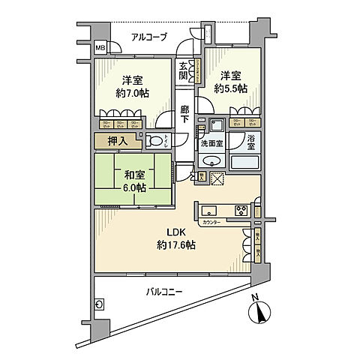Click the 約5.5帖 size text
[232, 87]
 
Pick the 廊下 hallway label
[184, 114]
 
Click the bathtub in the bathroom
[244, 161]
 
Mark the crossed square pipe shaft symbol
[219, 178]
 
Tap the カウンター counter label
[211, 223]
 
